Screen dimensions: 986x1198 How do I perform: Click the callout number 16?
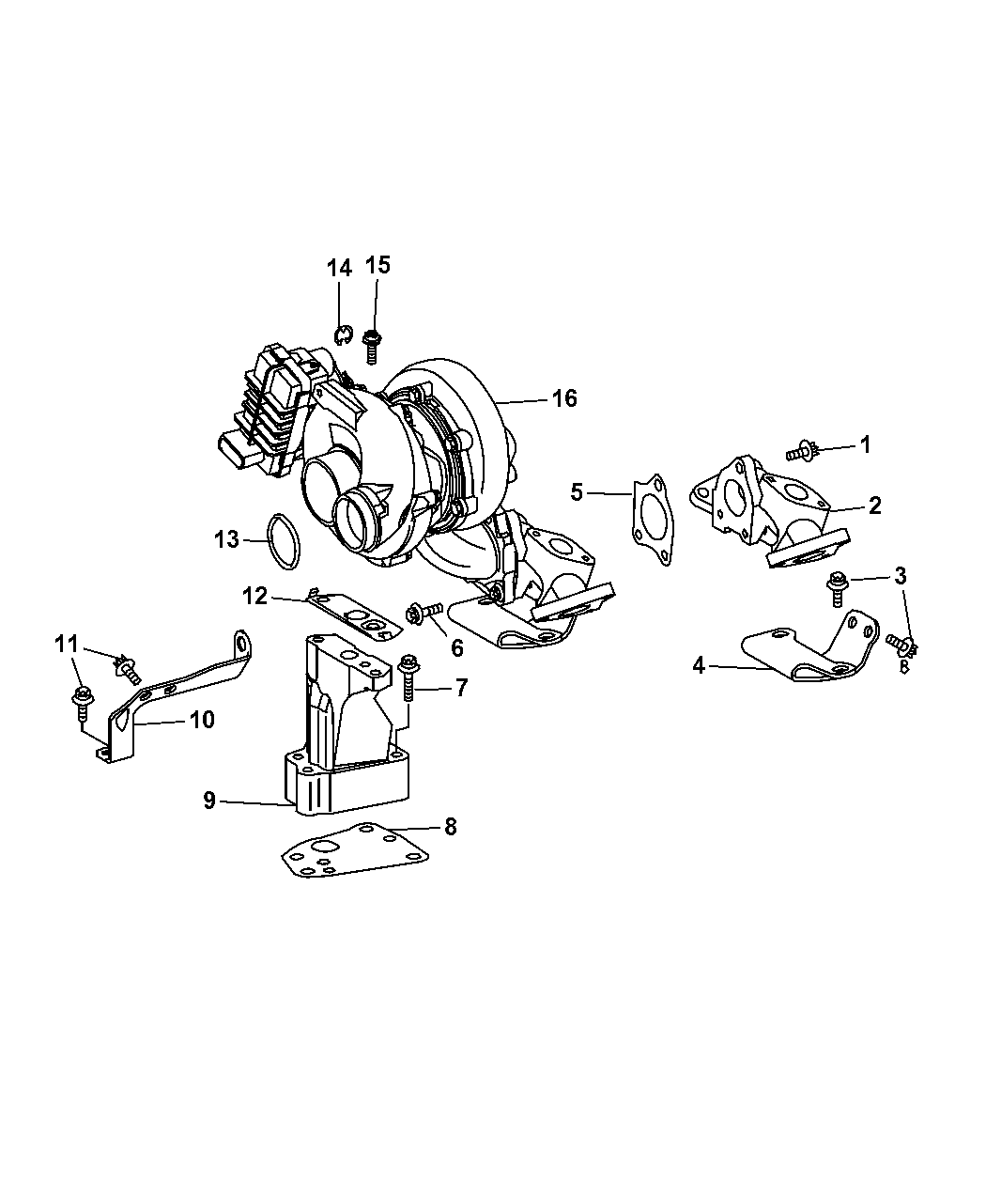coord(563,398)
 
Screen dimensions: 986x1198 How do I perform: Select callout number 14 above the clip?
coord(339,268)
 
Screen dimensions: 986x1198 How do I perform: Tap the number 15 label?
coord(377,265)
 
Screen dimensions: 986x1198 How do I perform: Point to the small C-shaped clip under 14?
coord(343,334)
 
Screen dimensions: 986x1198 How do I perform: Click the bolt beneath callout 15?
coord(372,345)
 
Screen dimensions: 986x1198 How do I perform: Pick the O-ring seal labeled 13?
coord(284,541)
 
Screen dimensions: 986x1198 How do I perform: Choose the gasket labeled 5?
coord(653,520)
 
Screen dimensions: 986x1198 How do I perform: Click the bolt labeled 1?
coord(802,452)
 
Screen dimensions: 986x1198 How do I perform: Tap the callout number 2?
coord(875,506)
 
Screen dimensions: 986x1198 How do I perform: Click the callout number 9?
coord(209,800)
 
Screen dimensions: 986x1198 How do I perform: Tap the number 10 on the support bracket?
coord(202,719)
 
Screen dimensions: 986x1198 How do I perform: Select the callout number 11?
coord(66,644)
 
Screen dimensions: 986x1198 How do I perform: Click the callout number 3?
coord(901,575)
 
